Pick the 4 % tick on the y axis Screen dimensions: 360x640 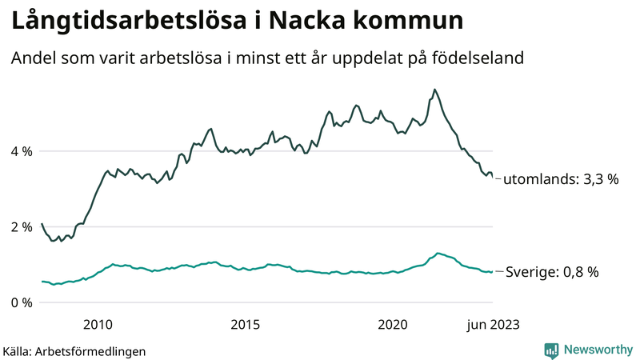click(x=22, y=151)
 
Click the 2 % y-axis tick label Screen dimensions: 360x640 click(x=22, y=227)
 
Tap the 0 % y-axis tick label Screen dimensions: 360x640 click(x=22, y=302)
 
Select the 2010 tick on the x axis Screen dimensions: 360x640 click(x=97, y=324)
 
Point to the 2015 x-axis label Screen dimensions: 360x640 click(x=245, y=324)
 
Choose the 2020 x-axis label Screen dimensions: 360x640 click(x=393, y=324)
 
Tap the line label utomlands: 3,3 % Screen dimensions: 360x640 click(x=561, y=180)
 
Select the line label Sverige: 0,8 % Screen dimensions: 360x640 click(x=551, y=272)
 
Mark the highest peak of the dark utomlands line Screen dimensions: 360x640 click(x=434, y=90)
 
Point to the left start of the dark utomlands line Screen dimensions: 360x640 click(x=42, y=224)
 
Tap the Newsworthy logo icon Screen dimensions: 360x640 click(x=551, y=350)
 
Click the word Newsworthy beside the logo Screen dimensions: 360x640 click(x=597, y=350)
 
